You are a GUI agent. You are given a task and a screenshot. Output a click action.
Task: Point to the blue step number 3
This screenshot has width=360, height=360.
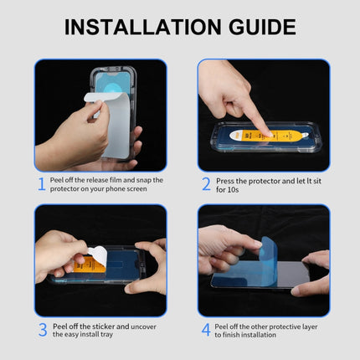click(x=41, y=329)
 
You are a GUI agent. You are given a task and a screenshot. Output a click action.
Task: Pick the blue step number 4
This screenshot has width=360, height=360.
click(x=206, y=329)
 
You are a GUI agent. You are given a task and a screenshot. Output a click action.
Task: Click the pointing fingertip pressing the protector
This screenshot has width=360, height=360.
click(x=262, y=130)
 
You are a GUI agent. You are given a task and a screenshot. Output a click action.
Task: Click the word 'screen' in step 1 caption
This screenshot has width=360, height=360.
click(x=138, y=189)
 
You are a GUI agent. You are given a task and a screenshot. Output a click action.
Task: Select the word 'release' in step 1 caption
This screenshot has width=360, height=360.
click(x=99, y=179)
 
